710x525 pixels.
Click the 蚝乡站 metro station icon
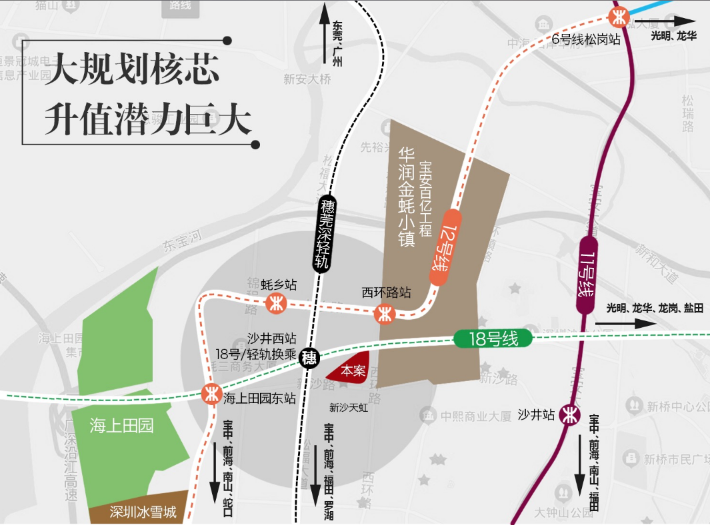click(275, 304)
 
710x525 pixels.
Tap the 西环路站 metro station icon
click(385, 313)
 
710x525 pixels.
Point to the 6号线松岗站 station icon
click(620, 15)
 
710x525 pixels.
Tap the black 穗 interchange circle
click(309, 358)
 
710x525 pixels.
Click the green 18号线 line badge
click(493, 338)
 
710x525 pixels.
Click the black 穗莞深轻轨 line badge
click(325, 233)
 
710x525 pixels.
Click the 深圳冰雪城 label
click(143, 512)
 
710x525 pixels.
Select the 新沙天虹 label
click(348, 407)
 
